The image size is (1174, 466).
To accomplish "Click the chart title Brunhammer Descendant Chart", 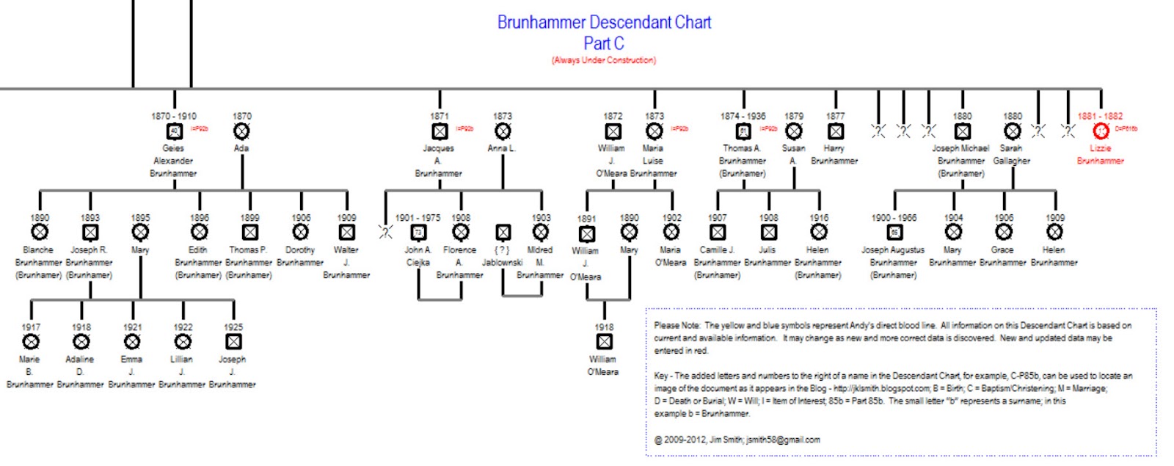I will pos(604,22).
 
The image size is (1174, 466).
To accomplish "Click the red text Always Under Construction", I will pos(604,60).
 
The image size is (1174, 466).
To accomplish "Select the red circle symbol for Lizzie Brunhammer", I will pos(1101,131).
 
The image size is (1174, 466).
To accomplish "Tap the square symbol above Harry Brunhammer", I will pos(835,131).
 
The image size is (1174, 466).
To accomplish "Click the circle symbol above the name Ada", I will pos(241,131).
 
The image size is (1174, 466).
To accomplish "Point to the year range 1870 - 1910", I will pos(174,116).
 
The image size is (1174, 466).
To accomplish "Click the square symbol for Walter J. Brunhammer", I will pos(346,232).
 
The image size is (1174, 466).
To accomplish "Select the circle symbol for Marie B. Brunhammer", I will pos(31,342).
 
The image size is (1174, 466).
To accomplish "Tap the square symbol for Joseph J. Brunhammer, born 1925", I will pos(233,342).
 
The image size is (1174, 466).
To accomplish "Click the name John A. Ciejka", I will pos(418,256).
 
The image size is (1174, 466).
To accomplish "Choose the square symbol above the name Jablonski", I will pos(503,233).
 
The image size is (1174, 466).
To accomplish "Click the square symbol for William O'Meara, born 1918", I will pos(604,342).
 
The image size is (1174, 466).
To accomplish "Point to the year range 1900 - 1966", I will pos(894,218).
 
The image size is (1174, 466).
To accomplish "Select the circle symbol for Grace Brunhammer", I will pos(1004,232).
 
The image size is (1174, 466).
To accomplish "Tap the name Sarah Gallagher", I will pos(1011,154).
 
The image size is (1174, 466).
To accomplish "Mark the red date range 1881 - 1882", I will pos(1100,116).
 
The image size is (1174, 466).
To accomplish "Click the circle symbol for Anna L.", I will pos(503,131).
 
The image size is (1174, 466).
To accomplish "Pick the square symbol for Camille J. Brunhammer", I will pos(718,232).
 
